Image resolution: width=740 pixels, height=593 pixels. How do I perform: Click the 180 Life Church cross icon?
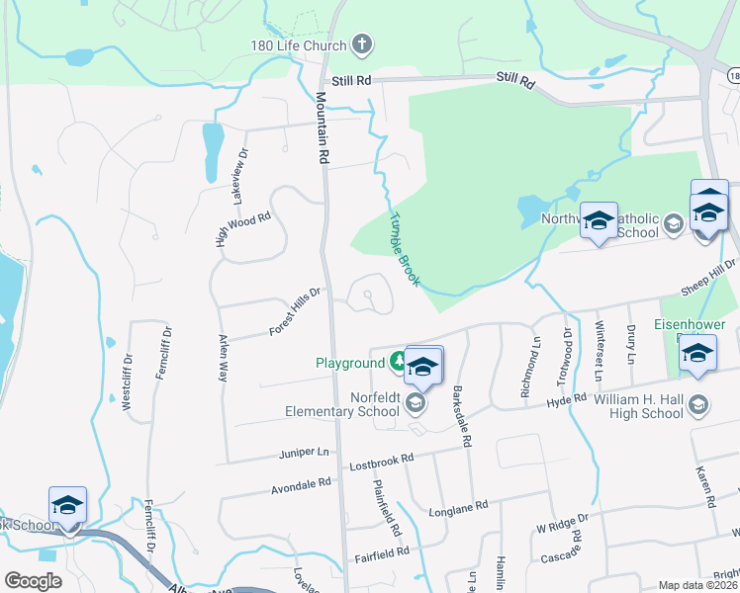[x=363, y=44]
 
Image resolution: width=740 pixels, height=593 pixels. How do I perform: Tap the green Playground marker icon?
[x=398, y=363]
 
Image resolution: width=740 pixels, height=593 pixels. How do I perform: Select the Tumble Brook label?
[x=405, y=250]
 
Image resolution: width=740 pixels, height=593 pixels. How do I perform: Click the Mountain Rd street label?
[x=322, y=127]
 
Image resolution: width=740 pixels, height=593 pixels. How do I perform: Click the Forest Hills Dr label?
[x=295, y=312]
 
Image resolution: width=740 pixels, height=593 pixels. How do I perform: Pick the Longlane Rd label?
[x=458, y=507]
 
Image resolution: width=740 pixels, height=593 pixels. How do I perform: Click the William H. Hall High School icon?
[x=699, y=405]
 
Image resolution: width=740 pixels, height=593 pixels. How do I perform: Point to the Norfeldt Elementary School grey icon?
[x=416, y=404]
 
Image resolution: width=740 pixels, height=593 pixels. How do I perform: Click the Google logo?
[x=33, y=581]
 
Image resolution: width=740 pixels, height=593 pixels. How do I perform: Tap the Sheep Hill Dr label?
[x=709, y=276]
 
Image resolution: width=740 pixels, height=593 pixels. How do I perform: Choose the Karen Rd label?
[x=703, y=485]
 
